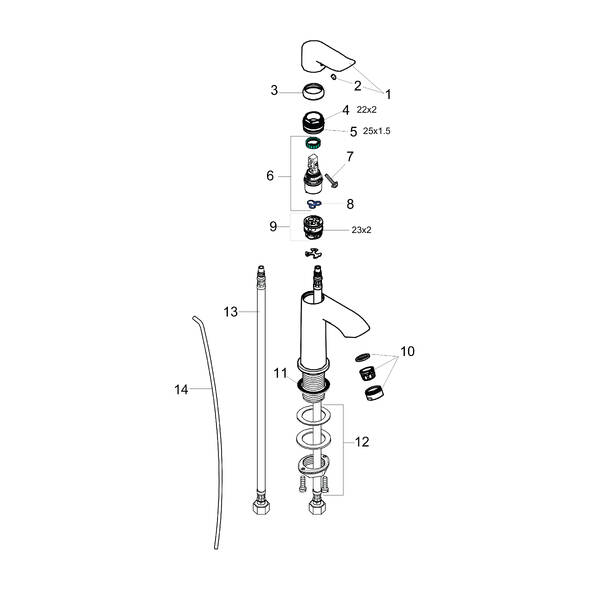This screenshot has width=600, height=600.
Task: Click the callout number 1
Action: [x=389, y=94]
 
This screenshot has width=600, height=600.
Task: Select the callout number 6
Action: [x=270, y=176]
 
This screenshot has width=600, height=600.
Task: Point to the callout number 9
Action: [x=272, y=227]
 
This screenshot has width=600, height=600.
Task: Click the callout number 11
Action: [x=282, y=373]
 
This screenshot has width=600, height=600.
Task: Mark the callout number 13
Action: [x=230, y=312]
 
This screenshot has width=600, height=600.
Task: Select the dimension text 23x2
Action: [x=361, y=229]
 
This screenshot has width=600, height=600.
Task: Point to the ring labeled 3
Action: [x=313, y=93]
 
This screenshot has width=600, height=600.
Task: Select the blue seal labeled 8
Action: [x=314, y=203]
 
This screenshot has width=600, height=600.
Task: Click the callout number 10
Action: [x=409, y=353]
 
